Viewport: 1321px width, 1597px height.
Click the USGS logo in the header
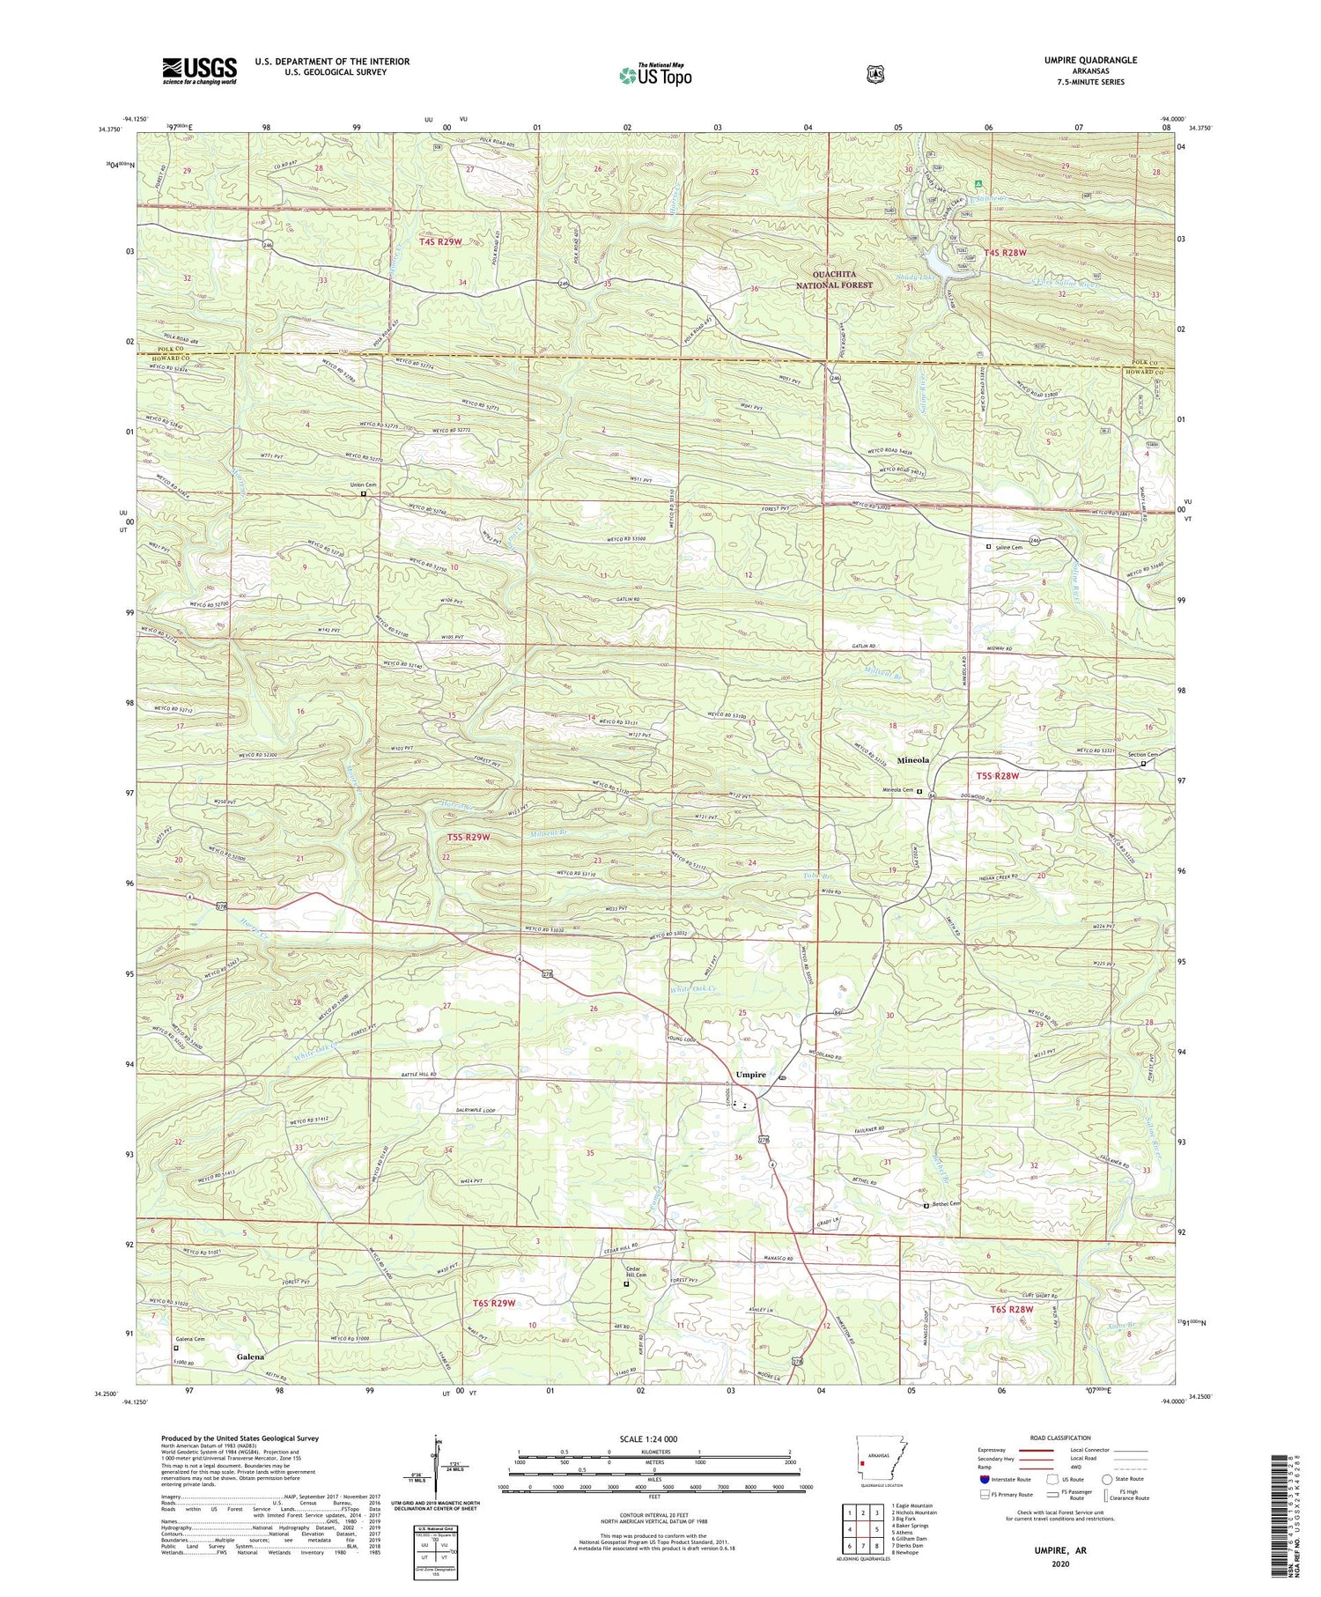pos(199,70)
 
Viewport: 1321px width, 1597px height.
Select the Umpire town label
pos(750,1075)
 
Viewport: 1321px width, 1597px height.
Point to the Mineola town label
pos(912,758)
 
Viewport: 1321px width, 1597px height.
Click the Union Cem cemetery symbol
pos(363,494)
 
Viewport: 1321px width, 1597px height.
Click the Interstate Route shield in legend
pos(984,1479)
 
